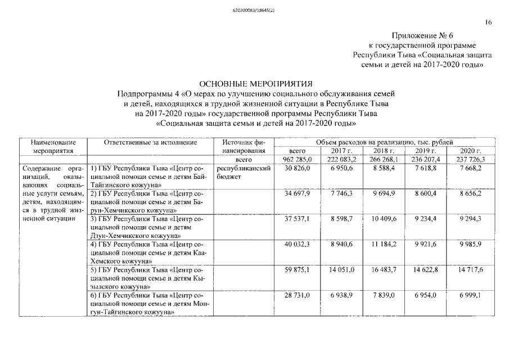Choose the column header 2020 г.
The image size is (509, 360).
click(x=470, y=151)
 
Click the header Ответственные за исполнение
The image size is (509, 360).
click(x=150, y=143)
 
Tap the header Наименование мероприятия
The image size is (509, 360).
click(x=53, y=147)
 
